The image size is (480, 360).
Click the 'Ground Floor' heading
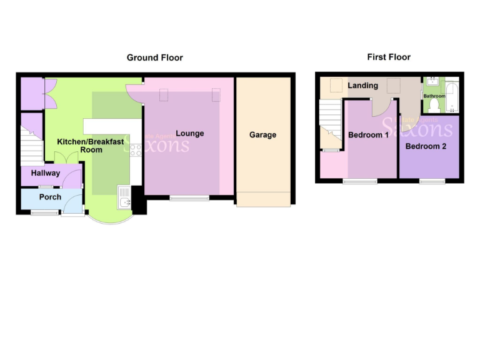(154, 57)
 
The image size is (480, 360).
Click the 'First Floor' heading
(388, 57)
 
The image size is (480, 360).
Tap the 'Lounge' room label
(189, 133)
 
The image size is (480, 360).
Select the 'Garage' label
(262, 134)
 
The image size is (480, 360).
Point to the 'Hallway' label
(45, 173)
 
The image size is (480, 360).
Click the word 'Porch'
(50, 197)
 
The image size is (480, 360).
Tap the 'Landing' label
(362, 86)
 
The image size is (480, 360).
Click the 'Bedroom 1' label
(368, 135)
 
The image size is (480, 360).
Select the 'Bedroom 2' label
(426, 147)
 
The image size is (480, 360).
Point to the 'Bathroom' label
(434, 96)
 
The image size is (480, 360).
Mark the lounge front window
(189, 198)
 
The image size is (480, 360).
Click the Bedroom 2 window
(431, 181)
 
